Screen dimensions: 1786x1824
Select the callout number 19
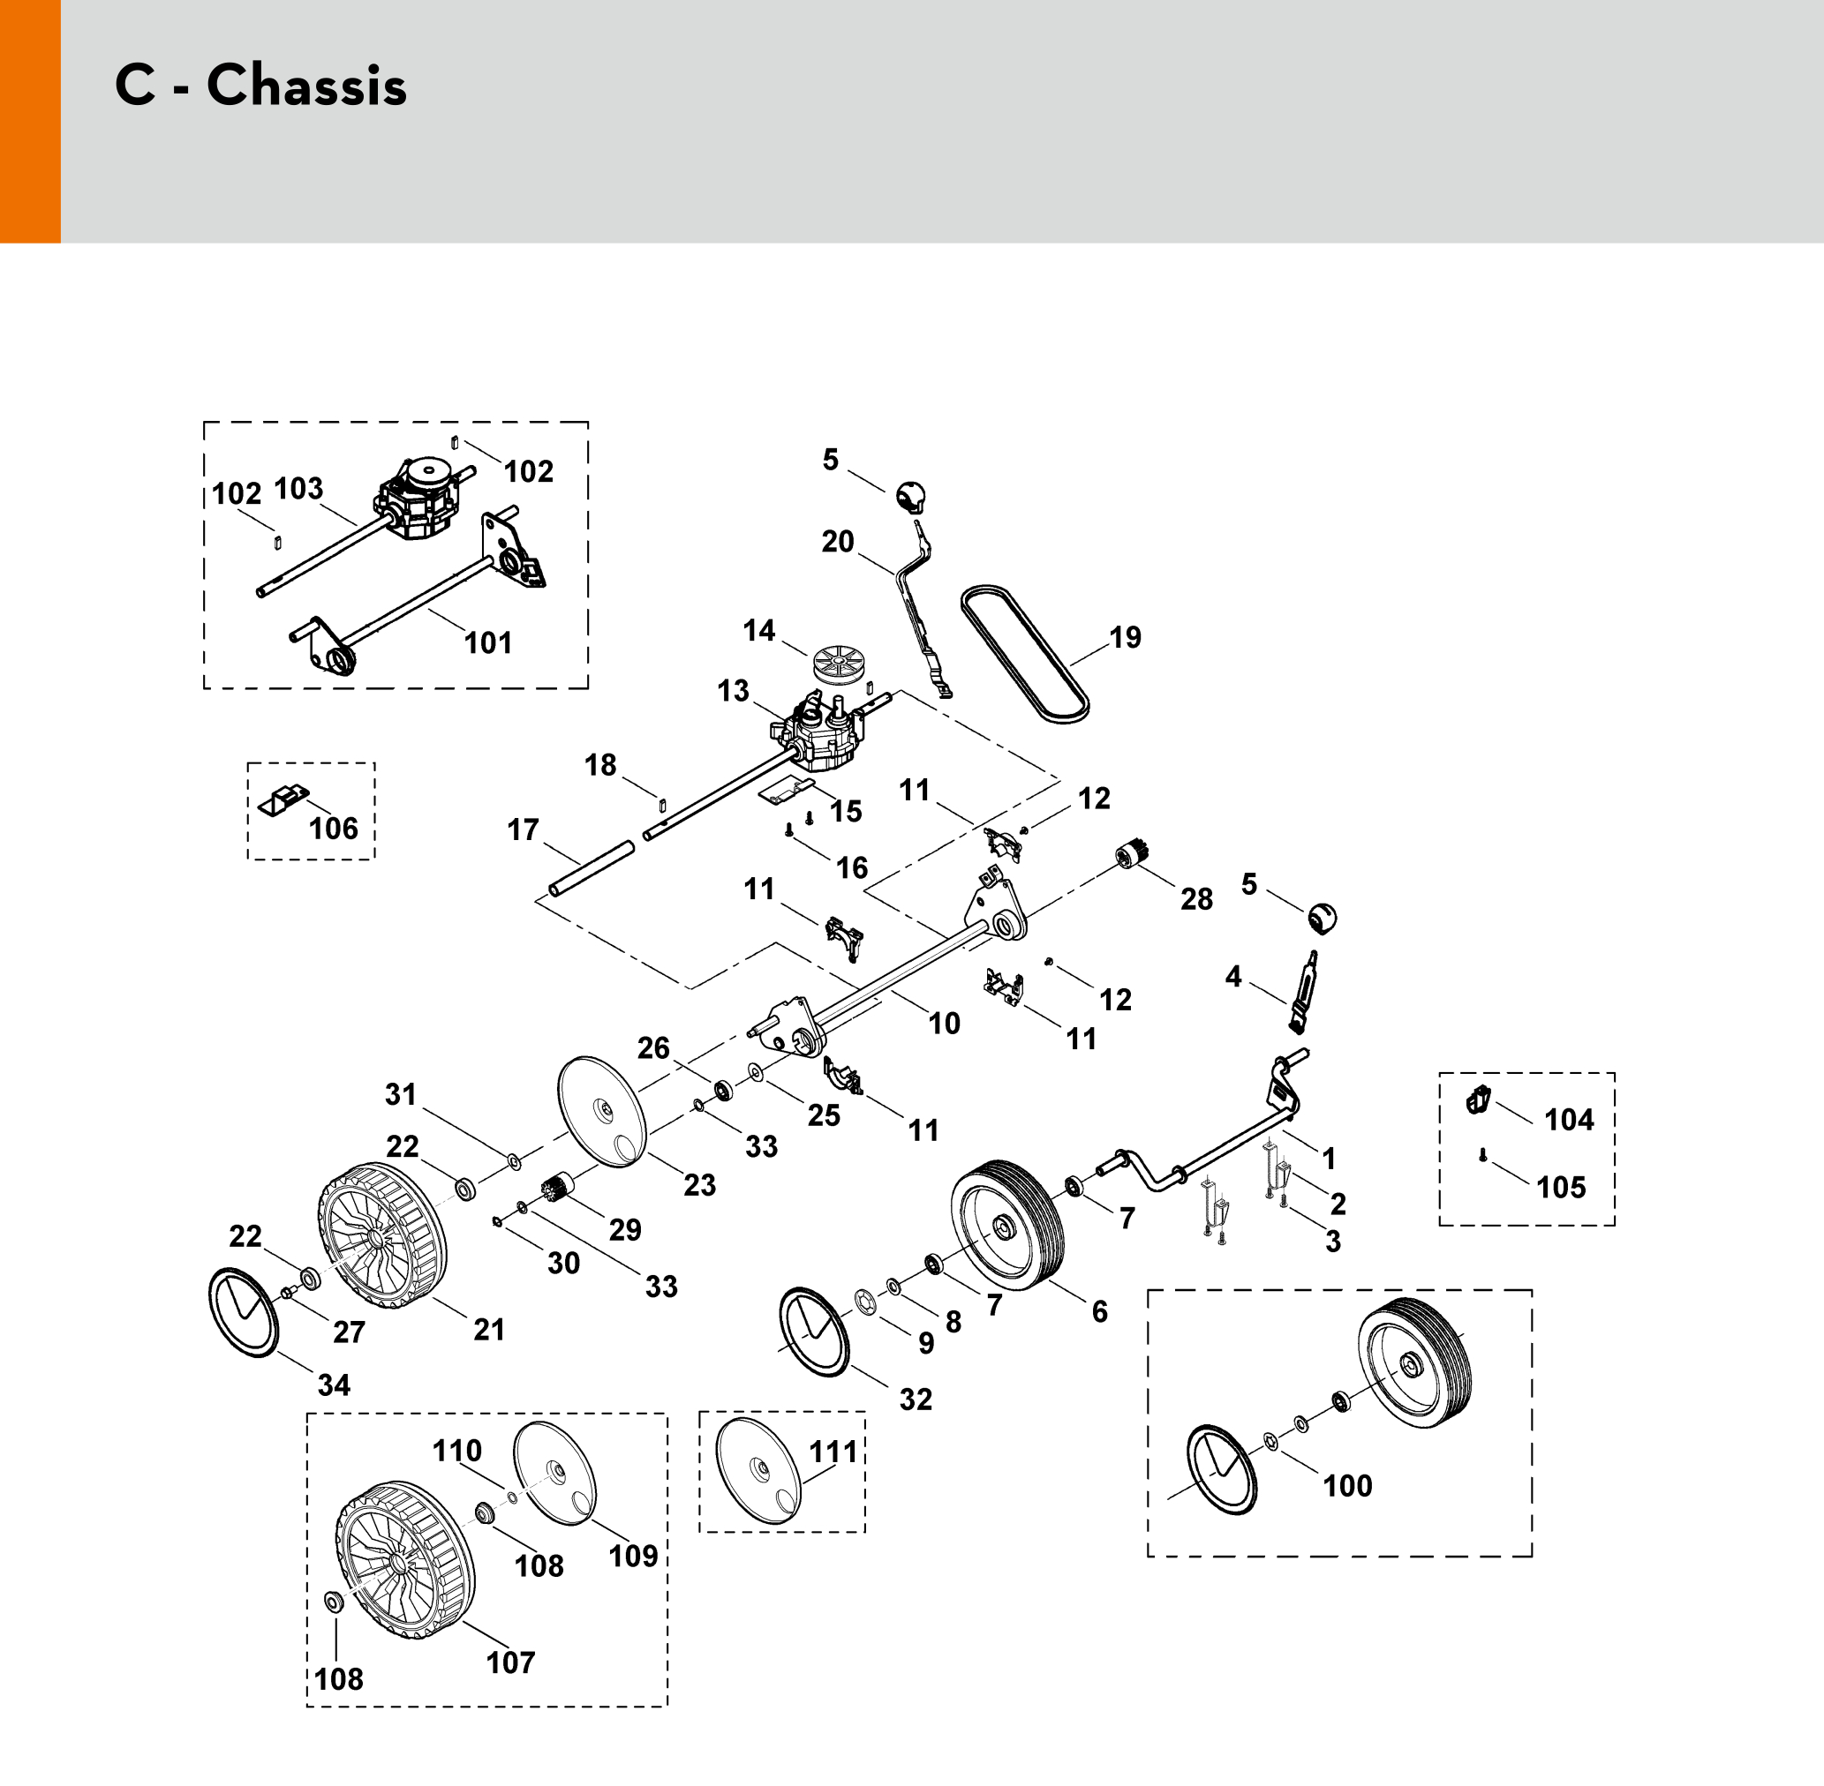(1125, 638)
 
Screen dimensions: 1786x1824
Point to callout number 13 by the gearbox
(733, 691)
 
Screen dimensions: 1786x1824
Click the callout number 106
(333, 829)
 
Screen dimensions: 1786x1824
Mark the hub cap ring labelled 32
(814, 1332)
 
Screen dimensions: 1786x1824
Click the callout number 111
(834, 1452)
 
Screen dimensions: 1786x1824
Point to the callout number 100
(1347, 1486)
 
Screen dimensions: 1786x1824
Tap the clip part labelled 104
(1479, 1099)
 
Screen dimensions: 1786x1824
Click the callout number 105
(1560, 1188)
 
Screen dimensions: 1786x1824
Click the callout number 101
(488, 643)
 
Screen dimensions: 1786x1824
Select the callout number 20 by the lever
(838, 541)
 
